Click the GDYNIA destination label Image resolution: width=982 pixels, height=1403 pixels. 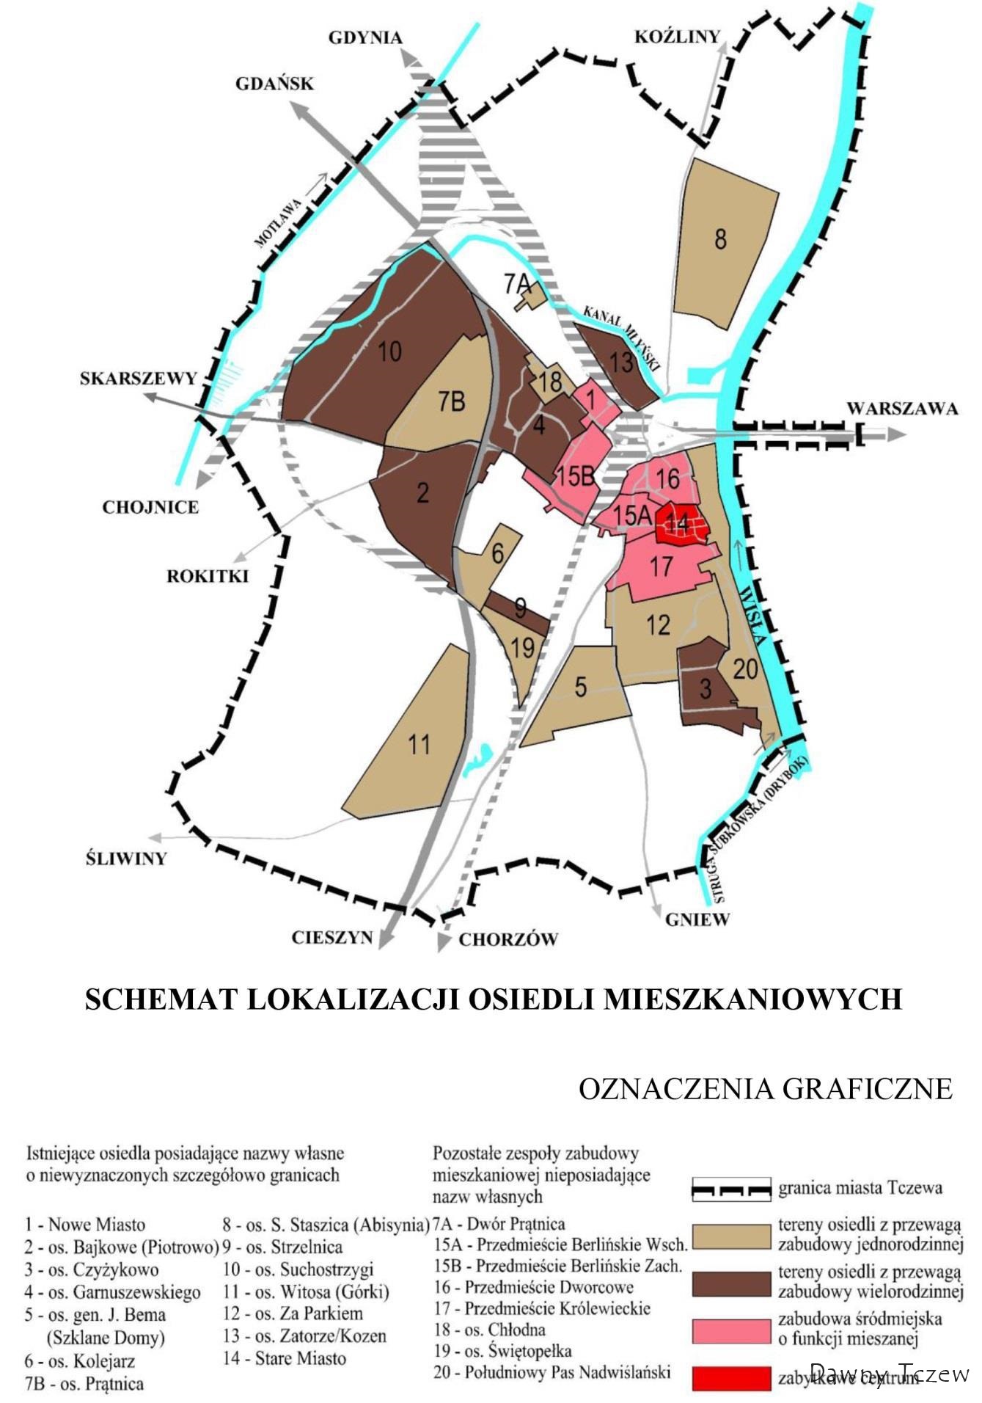coord(365,38)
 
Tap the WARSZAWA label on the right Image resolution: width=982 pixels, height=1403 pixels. coord(902,409)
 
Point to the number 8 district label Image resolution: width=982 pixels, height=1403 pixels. coord(720,239)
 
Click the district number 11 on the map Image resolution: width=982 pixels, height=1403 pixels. coord(419,745)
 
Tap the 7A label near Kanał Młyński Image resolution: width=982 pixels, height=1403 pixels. coord(516,283)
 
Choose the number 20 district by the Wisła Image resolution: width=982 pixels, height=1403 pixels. coord(745,669)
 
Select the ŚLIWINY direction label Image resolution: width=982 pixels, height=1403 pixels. coord(126,859)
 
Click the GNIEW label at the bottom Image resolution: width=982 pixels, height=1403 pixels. coord(697,919)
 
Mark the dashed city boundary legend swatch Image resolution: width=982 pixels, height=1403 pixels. coord(731,1189)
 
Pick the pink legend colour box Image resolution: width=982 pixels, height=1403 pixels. coord(731,1329)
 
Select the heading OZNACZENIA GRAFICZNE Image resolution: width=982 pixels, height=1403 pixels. coord(765,1088)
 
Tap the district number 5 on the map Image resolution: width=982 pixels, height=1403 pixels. coord(581,688)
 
